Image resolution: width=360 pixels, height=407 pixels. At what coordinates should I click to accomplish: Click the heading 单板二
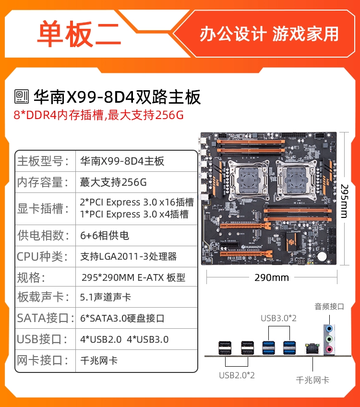[79, 34]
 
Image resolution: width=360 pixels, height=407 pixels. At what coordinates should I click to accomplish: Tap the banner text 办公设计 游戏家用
[269, 34]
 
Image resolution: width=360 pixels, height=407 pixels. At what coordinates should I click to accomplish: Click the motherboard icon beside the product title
[22, 96]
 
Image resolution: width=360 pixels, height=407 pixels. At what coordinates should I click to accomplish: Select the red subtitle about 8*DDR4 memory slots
[98, 115]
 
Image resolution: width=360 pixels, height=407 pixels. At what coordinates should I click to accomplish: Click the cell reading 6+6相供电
[105, 235]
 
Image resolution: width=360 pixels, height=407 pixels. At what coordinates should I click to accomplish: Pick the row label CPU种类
[43, 256]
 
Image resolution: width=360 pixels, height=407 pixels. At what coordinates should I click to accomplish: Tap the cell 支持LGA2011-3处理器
[129, 256]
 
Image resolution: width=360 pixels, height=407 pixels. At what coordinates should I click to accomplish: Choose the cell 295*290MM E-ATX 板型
[133, 277]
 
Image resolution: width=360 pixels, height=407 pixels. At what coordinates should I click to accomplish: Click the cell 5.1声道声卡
[106, 297]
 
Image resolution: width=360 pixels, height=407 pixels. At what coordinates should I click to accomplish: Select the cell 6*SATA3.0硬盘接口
[122, 318]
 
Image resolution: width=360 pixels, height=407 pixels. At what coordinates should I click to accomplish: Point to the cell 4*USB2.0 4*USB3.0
[124, 339]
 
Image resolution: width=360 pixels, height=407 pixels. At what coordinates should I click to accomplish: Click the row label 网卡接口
[43, 360]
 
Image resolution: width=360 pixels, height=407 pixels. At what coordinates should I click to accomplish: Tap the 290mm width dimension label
[272, 277]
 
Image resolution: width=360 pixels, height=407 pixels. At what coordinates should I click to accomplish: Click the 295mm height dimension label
[345, 201]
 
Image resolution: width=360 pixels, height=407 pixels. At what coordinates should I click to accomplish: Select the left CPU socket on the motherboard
[248, 180]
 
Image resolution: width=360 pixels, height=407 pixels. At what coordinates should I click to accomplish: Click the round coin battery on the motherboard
[322, 256]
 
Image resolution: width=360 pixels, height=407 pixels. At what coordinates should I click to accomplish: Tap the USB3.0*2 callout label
[278, 318]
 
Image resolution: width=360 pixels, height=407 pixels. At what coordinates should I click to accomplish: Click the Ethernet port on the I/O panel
[312, 348]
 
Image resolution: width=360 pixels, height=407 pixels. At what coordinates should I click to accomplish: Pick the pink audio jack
[329, 349]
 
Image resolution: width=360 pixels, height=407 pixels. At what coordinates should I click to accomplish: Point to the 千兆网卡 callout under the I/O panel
[312, 380]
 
